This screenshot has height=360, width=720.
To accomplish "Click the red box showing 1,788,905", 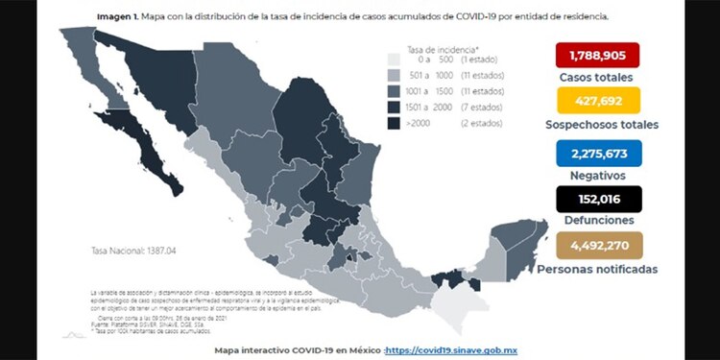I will [597, 56].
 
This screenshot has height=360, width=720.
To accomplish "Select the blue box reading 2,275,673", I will [597, 154].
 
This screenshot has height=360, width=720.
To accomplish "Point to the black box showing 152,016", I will [597, 200].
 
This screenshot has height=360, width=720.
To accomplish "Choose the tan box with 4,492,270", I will [597, 246].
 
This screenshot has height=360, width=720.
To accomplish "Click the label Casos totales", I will [597, 77].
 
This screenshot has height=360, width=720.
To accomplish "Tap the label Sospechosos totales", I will [597, 125].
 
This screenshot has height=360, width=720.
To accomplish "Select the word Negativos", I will [597, 176].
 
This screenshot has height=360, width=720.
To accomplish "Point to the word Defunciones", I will [597, 222].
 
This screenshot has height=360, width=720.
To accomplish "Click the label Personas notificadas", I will [597, 269].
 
